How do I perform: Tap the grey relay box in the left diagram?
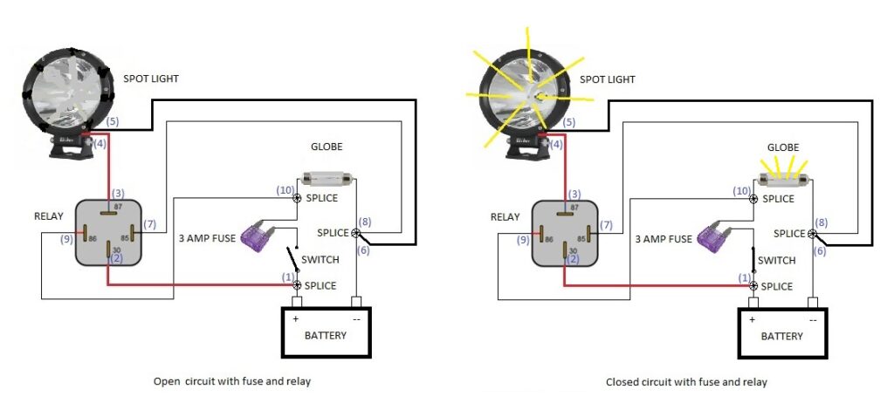coord(108,231)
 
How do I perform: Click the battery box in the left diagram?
coord(326,331)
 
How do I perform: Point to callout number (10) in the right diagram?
coord(742,190)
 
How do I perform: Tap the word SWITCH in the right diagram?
coord(776,260)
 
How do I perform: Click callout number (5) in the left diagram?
coord(113,122)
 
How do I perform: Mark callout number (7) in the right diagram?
coord(606,226)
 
